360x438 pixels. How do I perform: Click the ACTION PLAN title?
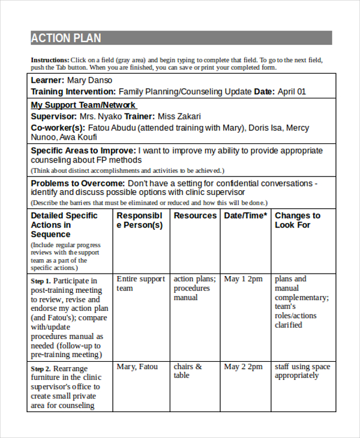coord(66,38)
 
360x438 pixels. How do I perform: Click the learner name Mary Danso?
coord(89,80)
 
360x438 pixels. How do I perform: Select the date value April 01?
coord(292,92)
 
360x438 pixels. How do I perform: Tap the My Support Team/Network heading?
coord(83,105)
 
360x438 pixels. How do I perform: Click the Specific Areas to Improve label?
coord(83,151)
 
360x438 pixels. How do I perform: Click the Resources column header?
coord(195,215)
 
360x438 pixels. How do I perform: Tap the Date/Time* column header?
coord(245,215)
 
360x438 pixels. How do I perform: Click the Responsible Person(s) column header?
coord(140,220)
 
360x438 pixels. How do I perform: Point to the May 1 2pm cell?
coord(243,279)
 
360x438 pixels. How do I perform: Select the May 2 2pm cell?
coord(243,367)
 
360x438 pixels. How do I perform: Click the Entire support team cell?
coord(140,283)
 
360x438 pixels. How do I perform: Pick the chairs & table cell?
coord(187,371)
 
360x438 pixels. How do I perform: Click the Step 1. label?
coord(41,281)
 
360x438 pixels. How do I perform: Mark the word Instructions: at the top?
coord(50,60)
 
